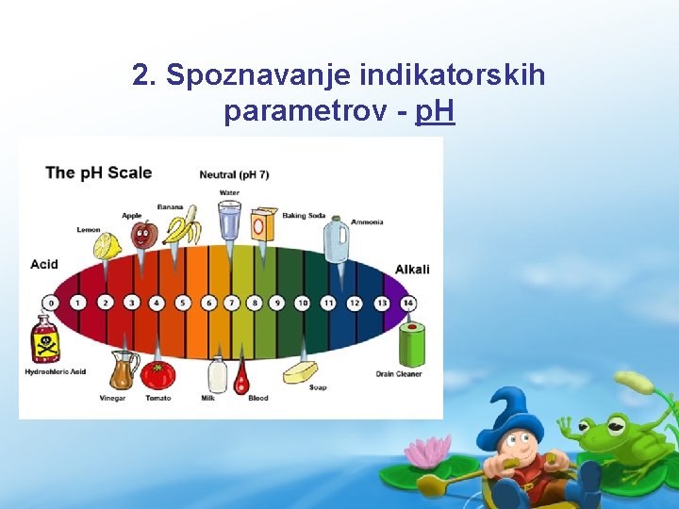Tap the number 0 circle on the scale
click(51, 303)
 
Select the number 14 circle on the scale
click(407, 303)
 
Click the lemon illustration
click(107, 246)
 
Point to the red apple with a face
click(143, 233)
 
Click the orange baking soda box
click(264, 224)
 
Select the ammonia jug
click(337, 239)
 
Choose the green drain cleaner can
click(411, 344)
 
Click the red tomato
click(157, 374)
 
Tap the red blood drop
click(242, 379)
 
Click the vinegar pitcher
click(122, 369)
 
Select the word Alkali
click(411, 269)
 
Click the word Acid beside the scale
click(43, 264)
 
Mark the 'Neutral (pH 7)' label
click(234, 175)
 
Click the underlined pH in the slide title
click(435, 112)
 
